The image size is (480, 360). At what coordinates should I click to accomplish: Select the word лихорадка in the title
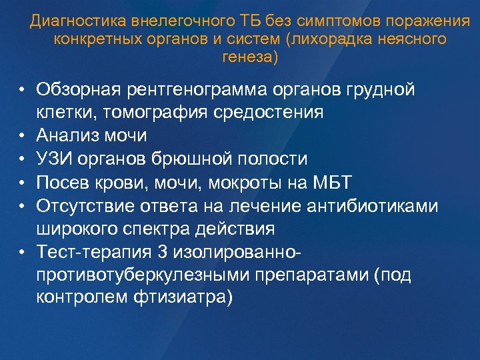coord(333,39)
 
